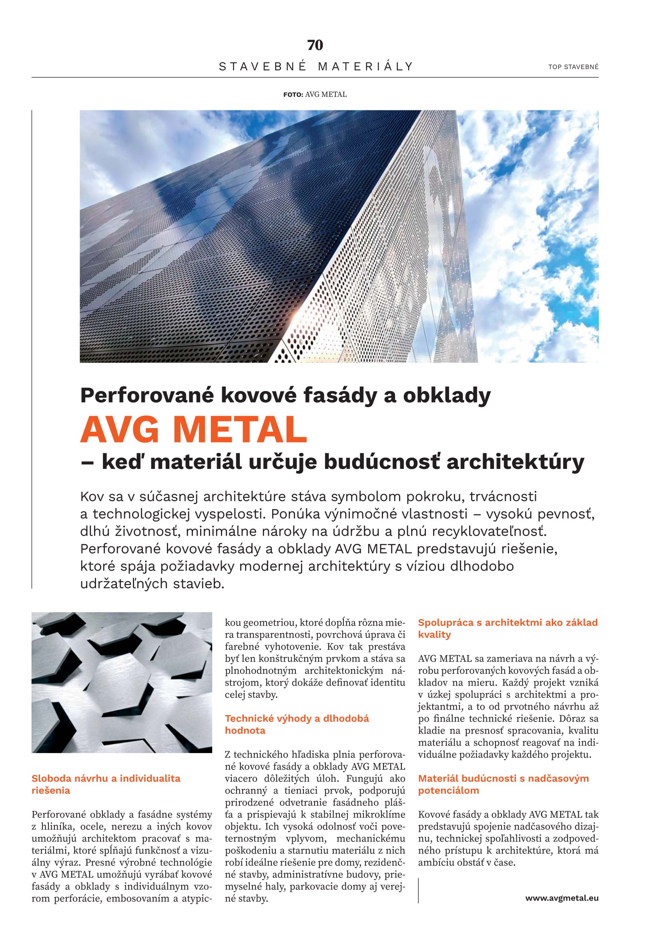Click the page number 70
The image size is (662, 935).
315,45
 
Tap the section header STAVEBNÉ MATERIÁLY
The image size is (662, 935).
316,66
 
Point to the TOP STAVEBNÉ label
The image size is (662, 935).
573,67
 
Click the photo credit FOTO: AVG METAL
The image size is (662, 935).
315,94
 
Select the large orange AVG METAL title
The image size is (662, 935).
193,430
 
